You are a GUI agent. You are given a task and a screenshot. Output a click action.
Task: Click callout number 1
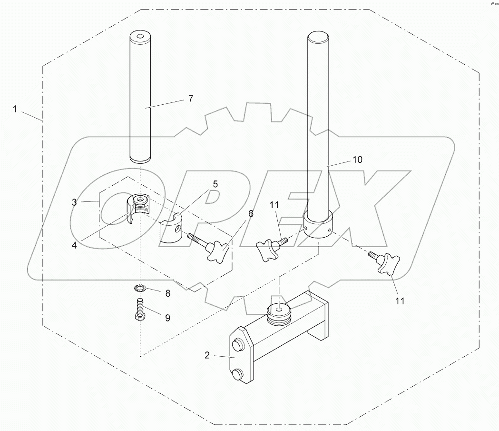coord(15,109)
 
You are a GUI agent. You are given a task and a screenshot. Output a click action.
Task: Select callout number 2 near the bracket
coord(207,354)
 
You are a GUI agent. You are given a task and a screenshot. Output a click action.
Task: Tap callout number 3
coord(74,202)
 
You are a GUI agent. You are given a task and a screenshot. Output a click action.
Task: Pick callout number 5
coord(215,183)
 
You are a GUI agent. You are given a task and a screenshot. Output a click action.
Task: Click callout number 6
coord(251,214)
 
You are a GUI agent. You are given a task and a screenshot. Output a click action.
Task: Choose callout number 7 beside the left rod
coord(190,99)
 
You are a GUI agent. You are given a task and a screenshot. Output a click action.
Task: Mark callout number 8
coord(167,293)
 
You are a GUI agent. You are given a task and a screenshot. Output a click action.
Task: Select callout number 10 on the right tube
coord(357,160)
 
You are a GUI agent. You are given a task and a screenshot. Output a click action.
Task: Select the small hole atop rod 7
coord(140,36)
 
